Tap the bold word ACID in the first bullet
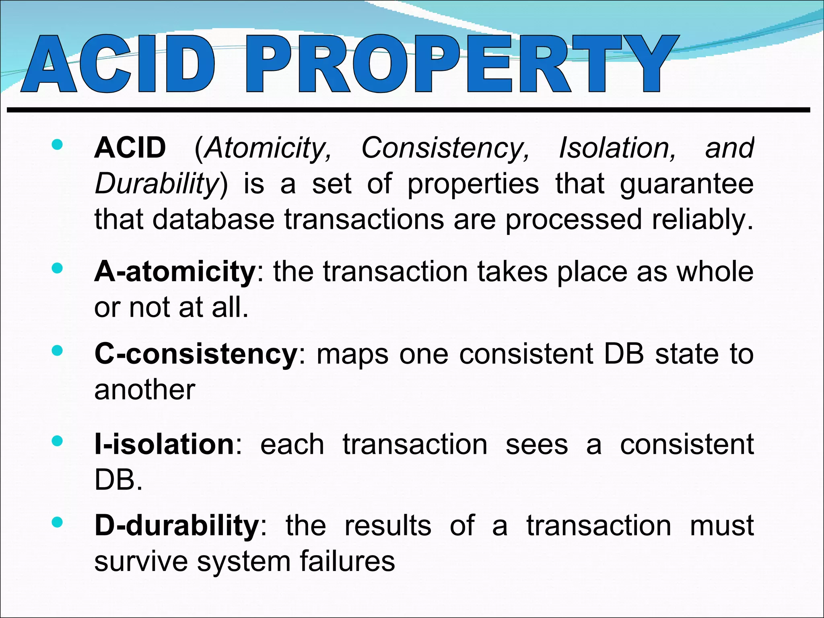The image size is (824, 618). tap(130, 148)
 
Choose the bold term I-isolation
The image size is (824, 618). tap(164, 444)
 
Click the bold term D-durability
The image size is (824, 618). tap(177, 525)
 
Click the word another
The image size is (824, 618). tap(145, 390)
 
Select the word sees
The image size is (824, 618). tap(537, 445)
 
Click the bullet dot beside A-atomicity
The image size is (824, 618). tap(57, 268)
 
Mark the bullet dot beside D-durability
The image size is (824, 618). tap(57, 522)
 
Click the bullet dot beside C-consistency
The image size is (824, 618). tap(57, 351)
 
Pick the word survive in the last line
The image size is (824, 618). tap(141, 562)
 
